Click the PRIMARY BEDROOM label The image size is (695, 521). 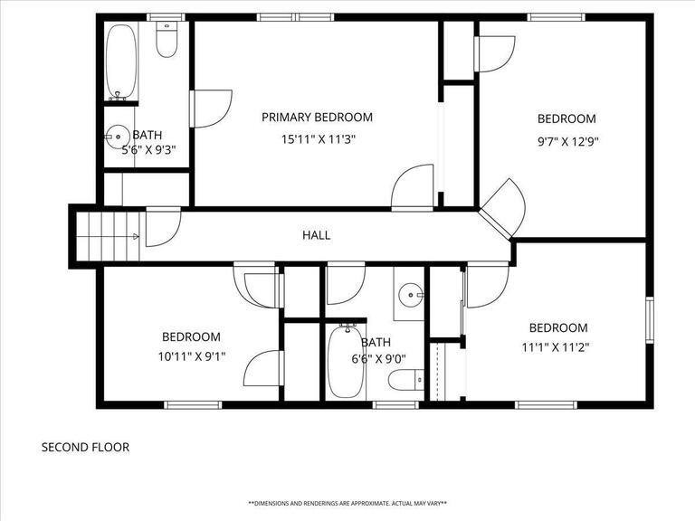317,117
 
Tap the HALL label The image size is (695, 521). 316,235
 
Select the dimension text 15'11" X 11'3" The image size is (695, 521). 317,139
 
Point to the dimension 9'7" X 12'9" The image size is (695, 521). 566,141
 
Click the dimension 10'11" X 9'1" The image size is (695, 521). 191,356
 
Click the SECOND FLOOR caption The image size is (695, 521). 85,447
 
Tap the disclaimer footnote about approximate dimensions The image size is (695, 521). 347,503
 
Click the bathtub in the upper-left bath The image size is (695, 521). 119,62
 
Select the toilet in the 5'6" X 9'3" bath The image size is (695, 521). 167,39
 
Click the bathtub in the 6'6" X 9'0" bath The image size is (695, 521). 344,362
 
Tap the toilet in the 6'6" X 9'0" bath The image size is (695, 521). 403,381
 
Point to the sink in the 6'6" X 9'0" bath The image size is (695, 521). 413,293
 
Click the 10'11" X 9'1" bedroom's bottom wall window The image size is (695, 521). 192,404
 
